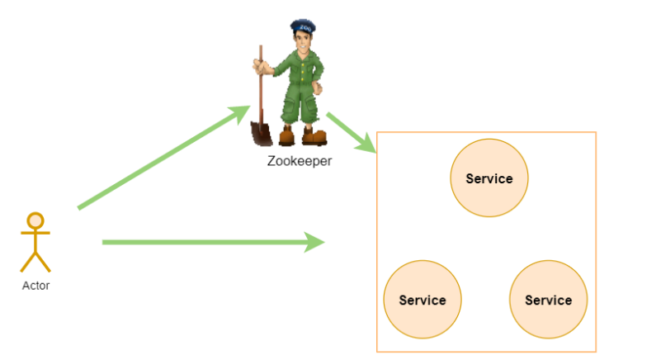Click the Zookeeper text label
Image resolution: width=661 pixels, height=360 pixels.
[300, 161]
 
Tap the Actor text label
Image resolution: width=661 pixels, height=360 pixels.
[35, 286]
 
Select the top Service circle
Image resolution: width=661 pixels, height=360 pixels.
[489, 178]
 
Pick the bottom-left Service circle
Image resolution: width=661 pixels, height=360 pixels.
[423, 300]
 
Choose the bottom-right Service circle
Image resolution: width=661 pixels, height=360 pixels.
[548, 300]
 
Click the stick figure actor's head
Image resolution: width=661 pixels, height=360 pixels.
[35, 220]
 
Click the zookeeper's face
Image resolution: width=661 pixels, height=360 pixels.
[301, 41]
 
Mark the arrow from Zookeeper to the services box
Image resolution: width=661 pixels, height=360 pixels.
[350, 132]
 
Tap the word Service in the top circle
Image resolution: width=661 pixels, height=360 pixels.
[489, 178]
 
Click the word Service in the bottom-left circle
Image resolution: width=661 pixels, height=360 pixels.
[423, 300]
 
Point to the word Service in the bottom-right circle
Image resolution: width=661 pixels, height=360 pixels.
[548, 300]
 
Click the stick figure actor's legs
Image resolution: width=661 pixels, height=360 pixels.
[35, 260]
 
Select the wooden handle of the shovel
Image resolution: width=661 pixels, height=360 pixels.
[260, 83]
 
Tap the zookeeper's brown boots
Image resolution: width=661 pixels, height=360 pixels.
[301, 135]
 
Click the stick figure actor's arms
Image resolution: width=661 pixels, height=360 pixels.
[35, 234]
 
